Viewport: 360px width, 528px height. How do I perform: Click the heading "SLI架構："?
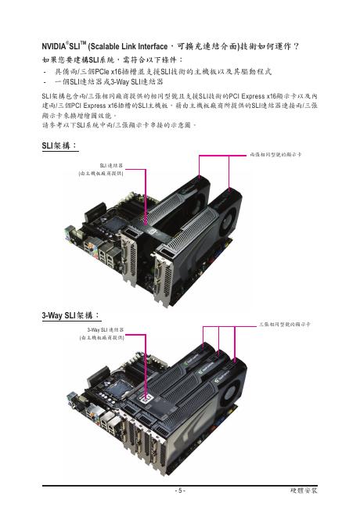click(59, 145)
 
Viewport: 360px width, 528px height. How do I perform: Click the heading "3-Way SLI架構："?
click(71, 315)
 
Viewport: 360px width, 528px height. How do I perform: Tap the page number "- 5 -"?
click(180, 490)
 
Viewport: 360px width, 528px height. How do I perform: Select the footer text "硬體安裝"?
click(304, 490)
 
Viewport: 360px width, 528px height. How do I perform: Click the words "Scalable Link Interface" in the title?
click(128, 46)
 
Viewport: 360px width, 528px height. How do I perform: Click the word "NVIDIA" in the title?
click(54, 46)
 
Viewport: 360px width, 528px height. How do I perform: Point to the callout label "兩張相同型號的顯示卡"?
click(275, 155)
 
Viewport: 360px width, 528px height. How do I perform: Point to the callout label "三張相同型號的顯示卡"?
click(285, 325)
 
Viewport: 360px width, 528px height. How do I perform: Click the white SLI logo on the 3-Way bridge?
click(146, 399)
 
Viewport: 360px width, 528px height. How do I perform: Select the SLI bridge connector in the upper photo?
click(149, 230)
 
